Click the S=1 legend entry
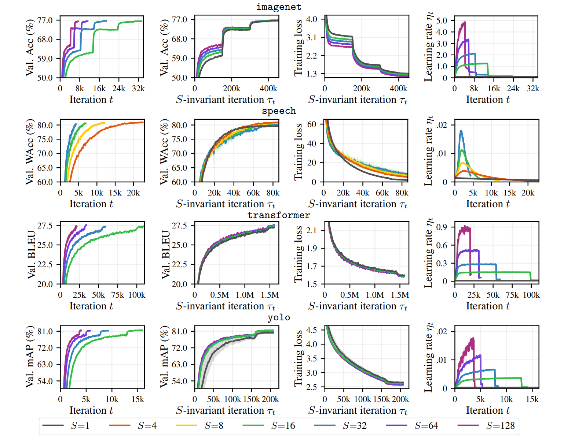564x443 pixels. click(x=80, y=426)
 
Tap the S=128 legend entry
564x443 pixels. click(x=500, y=426)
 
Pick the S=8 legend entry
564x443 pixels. click(x=214, y=426)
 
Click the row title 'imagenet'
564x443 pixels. click(x=279, y=7)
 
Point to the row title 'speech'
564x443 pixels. click(x=279, y=111)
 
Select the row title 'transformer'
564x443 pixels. click(x=279, y=215)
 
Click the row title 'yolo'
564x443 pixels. click(x=279, y=317)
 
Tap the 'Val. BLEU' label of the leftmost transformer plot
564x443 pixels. click(x=32, y=254)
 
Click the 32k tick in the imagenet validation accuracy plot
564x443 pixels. click(x=138, y=89)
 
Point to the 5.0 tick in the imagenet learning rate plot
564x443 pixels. click(x=442, y=21)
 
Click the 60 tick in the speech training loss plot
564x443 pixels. click(x=311, y=124)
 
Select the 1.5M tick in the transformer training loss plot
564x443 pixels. click(x=400, y=295)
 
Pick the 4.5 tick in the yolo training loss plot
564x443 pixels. click(x=311, y=330)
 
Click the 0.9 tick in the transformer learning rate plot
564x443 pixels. click(x=442, y=227)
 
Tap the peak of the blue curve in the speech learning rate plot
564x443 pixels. click(x=461, y=131)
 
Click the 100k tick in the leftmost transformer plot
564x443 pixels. click(x=137, y=295)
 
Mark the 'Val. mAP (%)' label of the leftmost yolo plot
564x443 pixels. click(x=30, y=357)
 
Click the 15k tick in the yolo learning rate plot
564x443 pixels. click(x=532, y=399)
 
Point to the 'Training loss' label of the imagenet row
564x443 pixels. click(x=299, y=48)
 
